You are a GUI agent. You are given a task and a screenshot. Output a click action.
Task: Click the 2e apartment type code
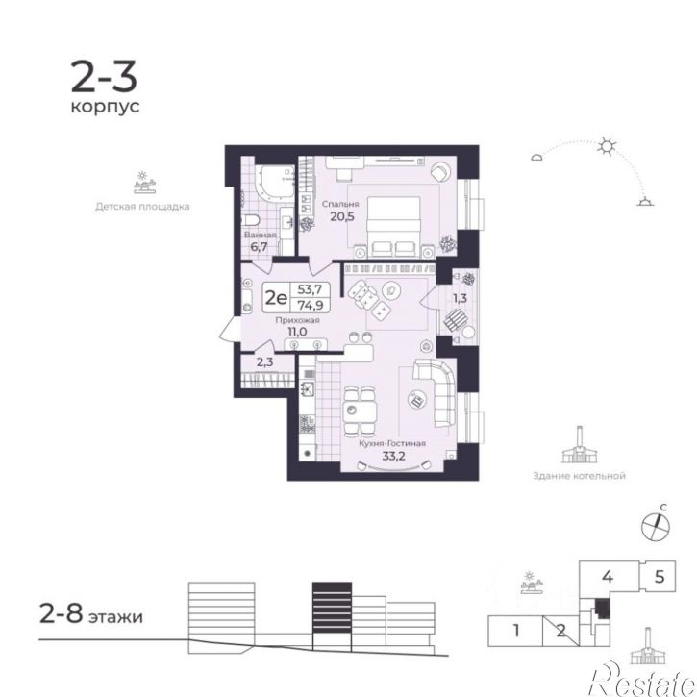coord(275,296)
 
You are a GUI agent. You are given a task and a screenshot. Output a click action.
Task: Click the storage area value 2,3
coord(265,362)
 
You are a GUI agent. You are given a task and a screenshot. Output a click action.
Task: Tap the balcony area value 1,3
coord(461,299)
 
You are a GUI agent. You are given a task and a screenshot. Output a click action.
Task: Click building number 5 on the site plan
coord(659,577)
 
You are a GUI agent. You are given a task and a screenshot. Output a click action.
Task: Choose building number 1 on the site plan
coord(516,632)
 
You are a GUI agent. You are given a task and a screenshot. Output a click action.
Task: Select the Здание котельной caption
coord(579,475)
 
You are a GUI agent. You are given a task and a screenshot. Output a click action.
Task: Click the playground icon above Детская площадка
coord(143,182)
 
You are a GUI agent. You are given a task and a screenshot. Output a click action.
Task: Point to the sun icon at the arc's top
coord(606,147)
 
